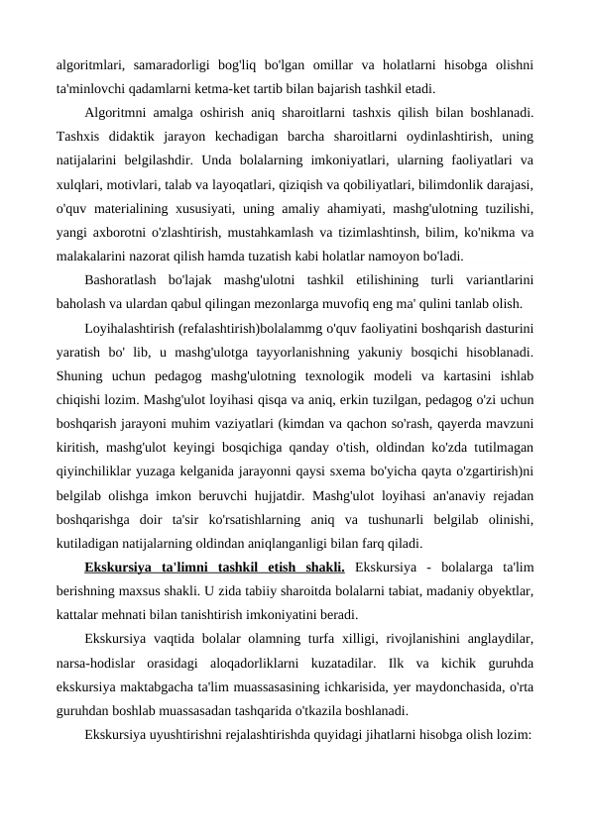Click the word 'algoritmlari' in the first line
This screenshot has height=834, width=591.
tap(89, 65)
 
